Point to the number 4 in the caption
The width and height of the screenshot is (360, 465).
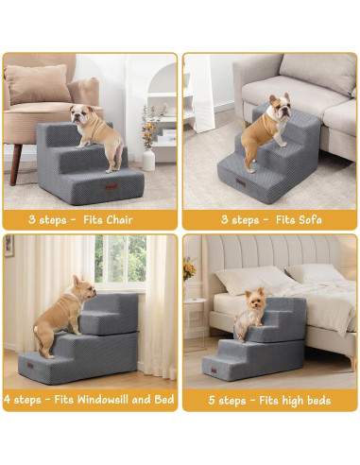(x=9, y=399)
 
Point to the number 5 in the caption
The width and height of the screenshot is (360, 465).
(x=212, y=400)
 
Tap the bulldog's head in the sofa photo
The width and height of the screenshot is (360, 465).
(x=279, y=105)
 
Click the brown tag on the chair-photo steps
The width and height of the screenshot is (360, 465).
(x=113, y=188)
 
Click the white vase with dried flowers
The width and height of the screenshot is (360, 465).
(x=148, y=156)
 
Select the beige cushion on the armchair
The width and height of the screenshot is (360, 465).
(x=40, y=85)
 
